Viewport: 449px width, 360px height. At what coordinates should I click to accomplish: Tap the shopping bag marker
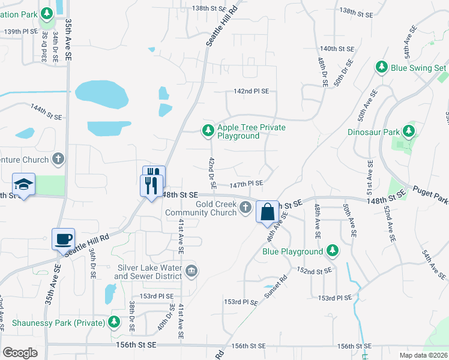click(267, 212)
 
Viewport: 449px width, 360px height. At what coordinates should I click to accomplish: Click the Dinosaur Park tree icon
click(409, 130)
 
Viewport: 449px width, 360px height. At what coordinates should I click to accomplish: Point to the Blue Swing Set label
click(418, 68)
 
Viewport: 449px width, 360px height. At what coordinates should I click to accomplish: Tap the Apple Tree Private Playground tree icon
click(207, 130)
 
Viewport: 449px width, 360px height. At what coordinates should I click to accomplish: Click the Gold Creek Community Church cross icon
click(245, 208)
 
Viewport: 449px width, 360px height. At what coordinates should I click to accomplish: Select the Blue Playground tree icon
click(333, 250)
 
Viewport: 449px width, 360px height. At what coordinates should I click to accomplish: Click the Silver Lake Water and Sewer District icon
click(191, 271)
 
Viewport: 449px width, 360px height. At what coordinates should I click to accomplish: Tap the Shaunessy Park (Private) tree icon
click(113, 323)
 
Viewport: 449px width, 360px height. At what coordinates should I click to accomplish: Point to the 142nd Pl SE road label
click(251, 91)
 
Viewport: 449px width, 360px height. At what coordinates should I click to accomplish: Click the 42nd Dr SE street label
click(212, 173)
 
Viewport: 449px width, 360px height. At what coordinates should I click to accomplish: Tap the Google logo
click(20, 353)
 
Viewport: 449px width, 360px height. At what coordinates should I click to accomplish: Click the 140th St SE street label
click(337, 49)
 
